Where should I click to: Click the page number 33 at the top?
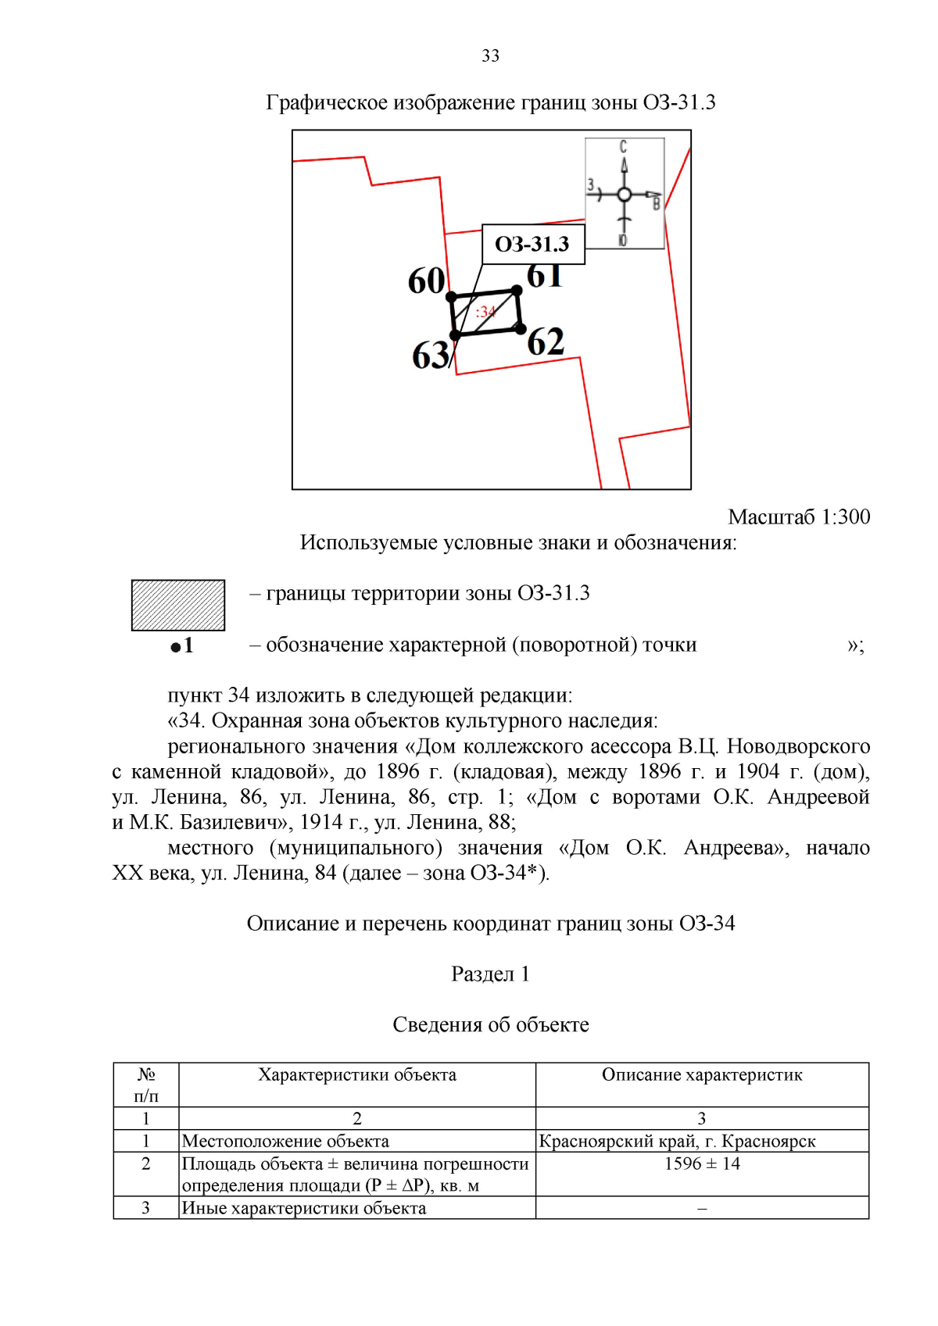click(x=490, y=55)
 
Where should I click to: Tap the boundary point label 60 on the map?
click(x=426, y=281)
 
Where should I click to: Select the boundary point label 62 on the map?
click(x=546, y=342)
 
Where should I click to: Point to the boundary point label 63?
click(x=431, y=356)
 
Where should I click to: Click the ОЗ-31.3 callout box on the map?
click(x=532, y=245)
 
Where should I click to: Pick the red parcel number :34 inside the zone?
click(x=485, y=312)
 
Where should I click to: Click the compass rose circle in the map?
click(x=624, y=195)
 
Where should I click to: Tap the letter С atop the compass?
click(x=623, y=146)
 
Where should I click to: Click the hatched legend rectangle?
click(x=178, y=605)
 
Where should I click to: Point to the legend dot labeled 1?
click(x=176, y=647)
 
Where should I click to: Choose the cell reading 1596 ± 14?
click(x=702, y=1163)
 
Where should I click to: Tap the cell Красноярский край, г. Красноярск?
click(x=677, y=1141)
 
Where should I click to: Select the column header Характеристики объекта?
click(x=357, y=1074)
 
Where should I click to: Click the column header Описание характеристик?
click(x=702, y=1074)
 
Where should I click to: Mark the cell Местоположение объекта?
click(x=285, y=1141)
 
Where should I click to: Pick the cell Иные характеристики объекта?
click(x=304, y=1208)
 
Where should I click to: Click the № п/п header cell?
click(x=146, y=1085)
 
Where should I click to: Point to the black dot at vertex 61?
click(x=517, y=291)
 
